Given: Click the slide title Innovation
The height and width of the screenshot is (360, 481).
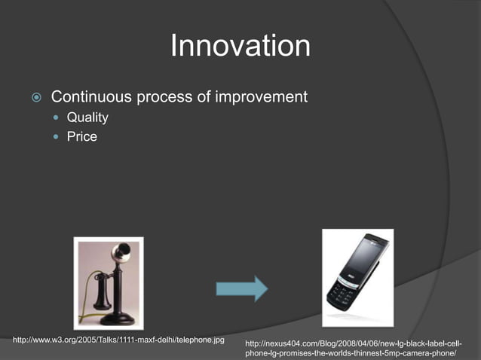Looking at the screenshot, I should coord(240,47).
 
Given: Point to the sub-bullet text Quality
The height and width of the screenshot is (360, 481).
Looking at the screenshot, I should coord(87,117).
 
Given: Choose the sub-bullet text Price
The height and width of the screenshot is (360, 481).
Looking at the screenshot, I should coord(81,137).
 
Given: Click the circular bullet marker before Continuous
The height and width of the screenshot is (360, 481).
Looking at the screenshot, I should coord(35,98).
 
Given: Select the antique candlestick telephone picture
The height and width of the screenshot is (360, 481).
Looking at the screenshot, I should coord(108,282).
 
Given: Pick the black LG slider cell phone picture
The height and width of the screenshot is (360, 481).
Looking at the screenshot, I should coord(357,278).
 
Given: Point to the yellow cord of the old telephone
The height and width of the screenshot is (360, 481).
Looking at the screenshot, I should coord(95,290).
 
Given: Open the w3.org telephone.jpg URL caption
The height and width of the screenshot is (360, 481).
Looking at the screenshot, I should coord(119,340).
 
